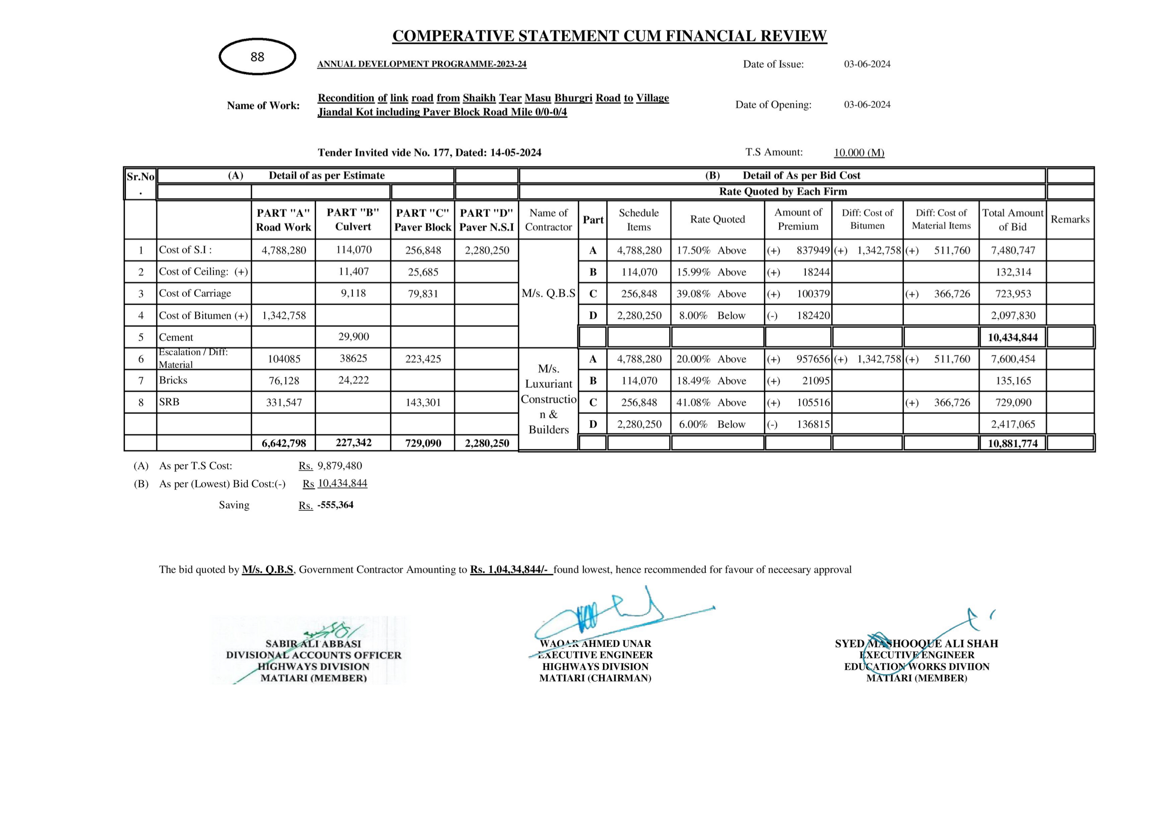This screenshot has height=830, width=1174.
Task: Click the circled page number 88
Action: point(257,57)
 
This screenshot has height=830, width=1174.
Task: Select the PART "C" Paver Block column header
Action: point(423,220)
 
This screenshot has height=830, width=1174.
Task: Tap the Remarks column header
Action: point(1070,219)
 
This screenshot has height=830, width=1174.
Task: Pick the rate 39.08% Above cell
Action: point(717,294)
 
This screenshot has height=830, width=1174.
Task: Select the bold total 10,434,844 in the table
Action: point(1012,337)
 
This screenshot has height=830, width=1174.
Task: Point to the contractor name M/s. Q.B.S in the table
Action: point(548,294)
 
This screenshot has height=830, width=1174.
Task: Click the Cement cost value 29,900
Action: point(353,337)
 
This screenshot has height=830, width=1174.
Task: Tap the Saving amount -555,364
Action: point(335,505)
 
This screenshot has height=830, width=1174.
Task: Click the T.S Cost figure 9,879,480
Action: point(339,466)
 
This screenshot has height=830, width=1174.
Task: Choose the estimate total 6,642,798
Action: point(284,443)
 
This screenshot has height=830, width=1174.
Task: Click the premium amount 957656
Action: point(813,359)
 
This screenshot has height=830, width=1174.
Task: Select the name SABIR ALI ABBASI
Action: point(313,644)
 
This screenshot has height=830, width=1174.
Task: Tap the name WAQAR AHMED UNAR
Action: point(595,644)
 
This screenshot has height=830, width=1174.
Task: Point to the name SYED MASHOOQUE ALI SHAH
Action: point(916,644)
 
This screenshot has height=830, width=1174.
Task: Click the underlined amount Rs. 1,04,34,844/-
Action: point(511,569)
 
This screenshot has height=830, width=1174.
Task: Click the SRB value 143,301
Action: point(423,403)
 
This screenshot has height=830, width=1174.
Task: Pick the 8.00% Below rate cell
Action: point(717,316)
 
